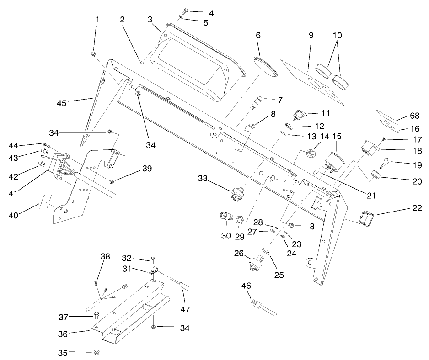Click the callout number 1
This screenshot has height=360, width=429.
(x=97, y=20)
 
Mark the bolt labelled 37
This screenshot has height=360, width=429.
(x=97, y=315)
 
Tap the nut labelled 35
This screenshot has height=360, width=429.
(x=97, y=352)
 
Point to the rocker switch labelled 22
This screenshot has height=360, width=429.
(x=369, y=217)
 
